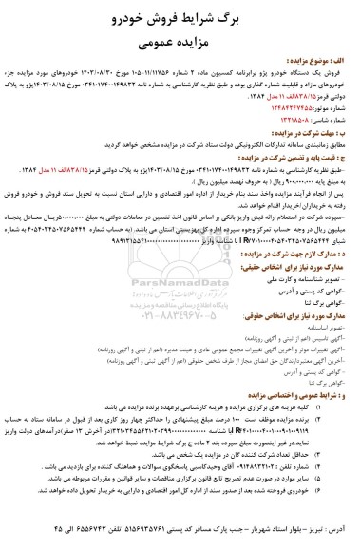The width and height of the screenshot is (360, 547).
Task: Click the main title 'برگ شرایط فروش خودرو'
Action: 180,17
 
